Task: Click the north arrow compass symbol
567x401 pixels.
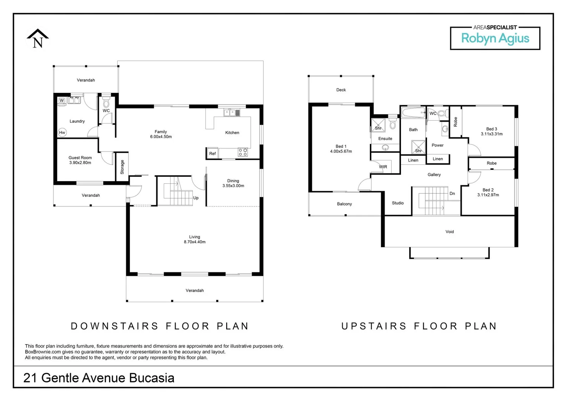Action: click(38, 39)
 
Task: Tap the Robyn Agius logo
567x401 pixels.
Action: click(495, 38)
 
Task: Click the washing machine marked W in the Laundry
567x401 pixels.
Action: click(62, 101)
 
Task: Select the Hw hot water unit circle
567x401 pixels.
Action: click(62, 133)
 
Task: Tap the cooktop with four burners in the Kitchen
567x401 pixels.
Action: click(242, 152)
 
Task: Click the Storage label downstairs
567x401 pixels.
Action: click(122, 167)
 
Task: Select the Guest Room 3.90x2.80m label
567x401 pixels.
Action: click(80, 160)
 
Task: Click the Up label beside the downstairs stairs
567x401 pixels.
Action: click(196, 198)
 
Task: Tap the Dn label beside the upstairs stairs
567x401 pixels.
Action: click(452, 193)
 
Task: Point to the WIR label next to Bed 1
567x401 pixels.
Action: click(383, 167)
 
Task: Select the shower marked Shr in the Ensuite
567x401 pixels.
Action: click(378, 125)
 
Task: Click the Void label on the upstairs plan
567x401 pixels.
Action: click(450, 232)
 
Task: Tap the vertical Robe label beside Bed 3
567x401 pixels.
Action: click(456, 122)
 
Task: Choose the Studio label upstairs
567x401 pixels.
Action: click(398, 203)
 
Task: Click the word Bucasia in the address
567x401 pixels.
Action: click(151, 378)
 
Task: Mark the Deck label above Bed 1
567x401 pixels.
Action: click(341, 90)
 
